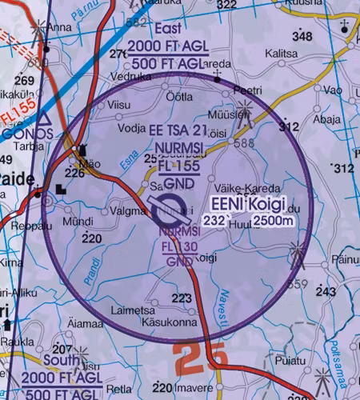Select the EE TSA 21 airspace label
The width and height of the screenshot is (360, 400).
pyautogui.click(x=178, y=130)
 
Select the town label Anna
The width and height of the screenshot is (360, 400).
pyautogui.click(x=59, y=26)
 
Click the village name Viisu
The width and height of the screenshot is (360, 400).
pyautogui.click(x=118, y=104)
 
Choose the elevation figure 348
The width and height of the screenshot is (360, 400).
pyautogui.click(x=302, y=37)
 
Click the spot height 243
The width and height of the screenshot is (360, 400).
pyautogui.click(x=325, y=292)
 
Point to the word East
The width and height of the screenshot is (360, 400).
pyautogui.click(x=168, y=29)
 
